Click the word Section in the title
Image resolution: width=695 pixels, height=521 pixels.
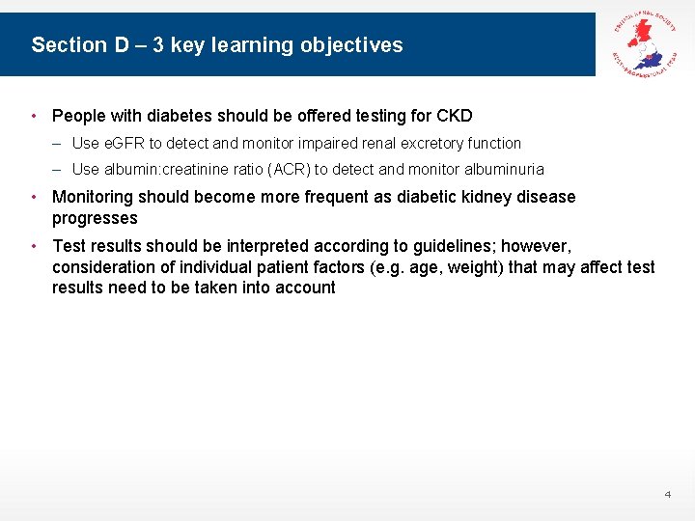point(64,44)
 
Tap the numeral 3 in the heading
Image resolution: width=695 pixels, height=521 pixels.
point(158,44)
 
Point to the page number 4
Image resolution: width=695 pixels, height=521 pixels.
point(666,495)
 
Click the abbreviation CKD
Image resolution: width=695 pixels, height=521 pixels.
point(454,116)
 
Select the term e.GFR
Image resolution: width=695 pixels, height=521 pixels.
point(124,143)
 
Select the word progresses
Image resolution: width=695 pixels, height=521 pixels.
point(95,218)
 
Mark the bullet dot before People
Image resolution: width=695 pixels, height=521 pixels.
point(34,116)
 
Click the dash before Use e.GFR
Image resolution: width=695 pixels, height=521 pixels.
point(59,143)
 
